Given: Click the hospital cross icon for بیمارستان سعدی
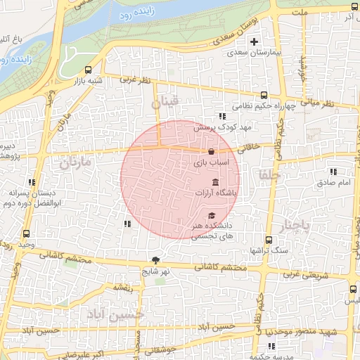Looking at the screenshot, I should point(254,42).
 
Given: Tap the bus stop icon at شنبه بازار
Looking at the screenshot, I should point(88,70).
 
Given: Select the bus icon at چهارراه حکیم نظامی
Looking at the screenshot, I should point(264,95).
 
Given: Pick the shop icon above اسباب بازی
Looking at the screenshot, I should point(211,151).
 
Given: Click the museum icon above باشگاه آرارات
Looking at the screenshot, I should point(214,182).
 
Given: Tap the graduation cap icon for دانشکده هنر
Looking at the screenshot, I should point(212,215).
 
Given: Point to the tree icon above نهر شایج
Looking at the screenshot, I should point(155,259).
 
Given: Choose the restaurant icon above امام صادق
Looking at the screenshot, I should point(333,172).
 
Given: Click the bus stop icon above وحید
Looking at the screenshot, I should point(27,233).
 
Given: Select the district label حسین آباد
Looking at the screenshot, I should point(118,312).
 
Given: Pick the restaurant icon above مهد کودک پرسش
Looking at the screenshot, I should point(222,117).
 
